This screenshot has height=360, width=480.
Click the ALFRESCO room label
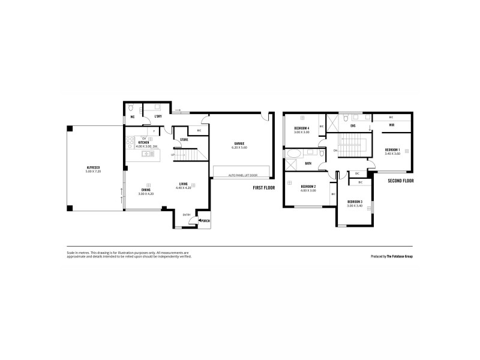click(93, 167)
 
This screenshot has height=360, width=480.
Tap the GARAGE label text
click(241, 143)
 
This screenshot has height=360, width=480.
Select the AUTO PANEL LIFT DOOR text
click(242, 175)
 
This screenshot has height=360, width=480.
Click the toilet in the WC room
click(131, 109)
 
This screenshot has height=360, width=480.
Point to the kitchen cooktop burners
click(130, 143)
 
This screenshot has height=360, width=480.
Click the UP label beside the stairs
click(173, 154)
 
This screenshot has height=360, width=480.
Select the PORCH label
click(205, 221)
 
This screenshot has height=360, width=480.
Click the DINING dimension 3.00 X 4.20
click(146, 194)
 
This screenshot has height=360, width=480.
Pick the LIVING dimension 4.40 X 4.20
click(183, 188)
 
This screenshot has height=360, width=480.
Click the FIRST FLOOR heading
click(263, 188)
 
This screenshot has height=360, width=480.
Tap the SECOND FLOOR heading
click(400, 181)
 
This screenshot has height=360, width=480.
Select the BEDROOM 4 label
click(302, 128)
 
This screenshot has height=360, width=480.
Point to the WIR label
click(391, 125)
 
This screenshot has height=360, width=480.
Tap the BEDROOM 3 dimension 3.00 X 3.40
click(355, 206)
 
